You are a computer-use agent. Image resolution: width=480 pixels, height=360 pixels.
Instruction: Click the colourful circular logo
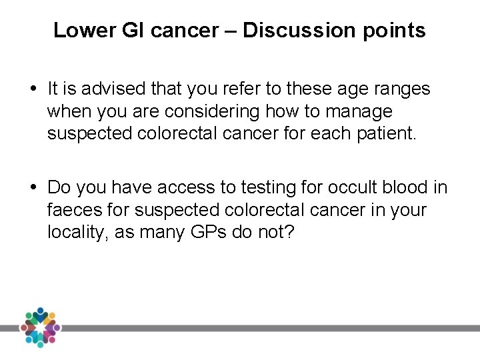coord(40,328)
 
